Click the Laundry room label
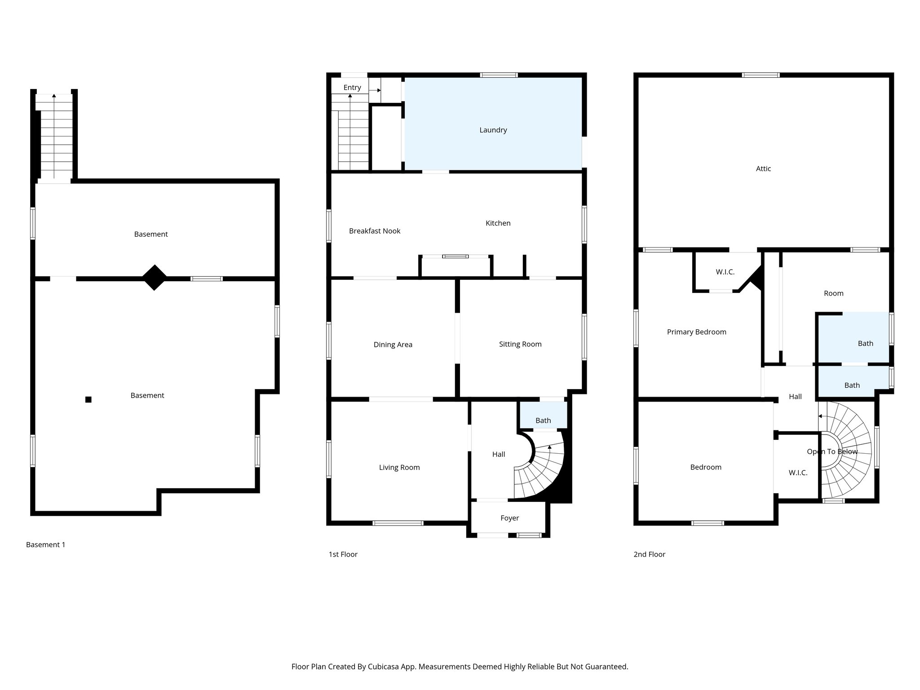pyautogui.click(x=493, y=130)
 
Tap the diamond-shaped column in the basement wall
pyautogui.click(x=154, y=278)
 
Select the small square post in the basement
pyautogui.click(x=88, y=399)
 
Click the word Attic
pyautogui.click(x=763, y=168)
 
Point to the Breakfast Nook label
pyautogui.click(x=375, y=231)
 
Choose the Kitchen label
pyautogui.click(x=498, y=223)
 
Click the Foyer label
pyautogui.click(x=509, y=518)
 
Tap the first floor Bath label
pyautogui.click(x=543, y=420)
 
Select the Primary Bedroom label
pyautogui.click(x=696, y=332)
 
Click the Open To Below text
pyautogui.click(x=832, y=451)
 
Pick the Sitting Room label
pyautogui.click(x=520, y=344)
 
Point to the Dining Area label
pyautogui.click(x=393, y=345)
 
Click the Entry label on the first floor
pyautogui.click(x=352, y=88)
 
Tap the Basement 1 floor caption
pyautogui.click(x=46, y=544)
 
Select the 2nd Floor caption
pyautogui.click(x=649, y=554)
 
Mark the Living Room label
pyautogui.click(x=399, y=467)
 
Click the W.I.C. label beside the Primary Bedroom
pyautogui.click(x=725, y=272)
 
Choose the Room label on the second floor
pyautogui.click(x=833, y=293)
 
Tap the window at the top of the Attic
pyautogui.click(x=761, y=75)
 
